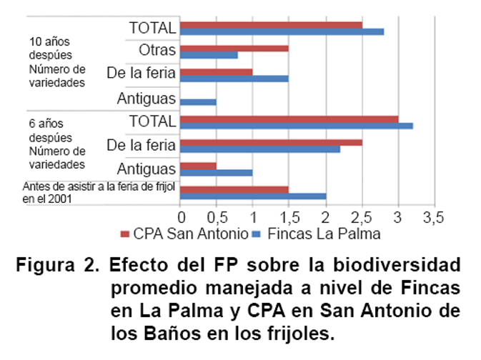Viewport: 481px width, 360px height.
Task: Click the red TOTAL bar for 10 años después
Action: point(272,25)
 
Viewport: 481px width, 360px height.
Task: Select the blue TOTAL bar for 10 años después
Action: point(282,32)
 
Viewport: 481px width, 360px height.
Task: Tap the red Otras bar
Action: point(234,48)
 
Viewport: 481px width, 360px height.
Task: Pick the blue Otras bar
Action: point(209,55)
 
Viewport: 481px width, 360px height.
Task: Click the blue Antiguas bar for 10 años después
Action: point(198,101)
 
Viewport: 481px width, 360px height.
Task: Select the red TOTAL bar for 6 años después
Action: point(289,119)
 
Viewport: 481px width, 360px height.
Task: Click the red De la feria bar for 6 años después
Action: point(272,141)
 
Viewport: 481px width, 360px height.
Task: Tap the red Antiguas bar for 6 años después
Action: point(198,165)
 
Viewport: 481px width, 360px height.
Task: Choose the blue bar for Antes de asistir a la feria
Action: point(253,196)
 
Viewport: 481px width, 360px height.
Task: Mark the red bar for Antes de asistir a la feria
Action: point(234,189)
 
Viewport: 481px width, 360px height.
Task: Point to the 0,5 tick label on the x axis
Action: point(216,216)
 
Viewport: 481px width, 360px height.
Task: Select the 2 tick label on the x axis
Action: point(326,216)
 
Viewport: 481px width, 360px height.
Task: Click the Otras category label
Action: point(157,50)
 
